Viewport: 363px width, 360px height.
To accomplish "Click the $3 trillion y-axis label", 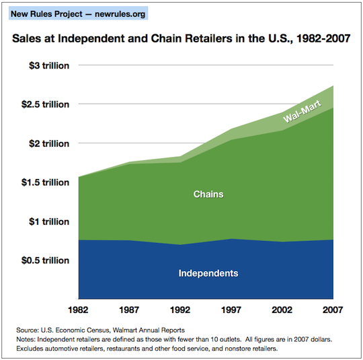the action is coord(49,65).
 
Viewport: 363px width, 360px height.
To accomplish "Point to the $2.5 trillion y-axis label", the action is coord(46,104).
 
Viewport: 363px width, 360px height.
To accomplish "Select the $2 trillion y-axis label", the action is coord(49,144).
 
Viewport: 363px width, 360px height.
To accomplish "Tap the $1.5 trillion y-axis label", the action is coord(46,182).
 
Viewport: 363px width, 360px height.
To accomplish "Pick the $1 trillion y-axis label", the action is coord(49,221).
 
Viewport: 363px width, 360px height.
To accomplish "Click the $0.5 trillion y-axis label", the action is coord(46,260).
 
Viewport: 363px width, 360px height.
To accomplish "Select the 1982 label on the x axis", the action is coord(78,310).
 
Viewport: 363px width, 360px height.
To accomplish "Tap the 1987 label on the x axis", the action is coord(129,310).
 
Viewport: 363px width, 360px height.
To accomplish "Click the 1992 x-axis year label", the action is coord(180,310).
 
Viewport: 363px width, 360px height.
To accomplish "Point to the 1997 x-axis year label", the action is coord(231,310).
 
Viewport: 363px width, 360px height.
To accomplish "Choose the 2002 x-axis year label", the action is coord(282,310).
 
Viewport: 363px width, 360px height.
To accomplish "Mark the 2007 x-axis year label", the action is coord(333,310).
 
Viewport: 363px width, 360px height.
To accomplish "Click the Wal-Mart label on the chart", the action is coord(302,111).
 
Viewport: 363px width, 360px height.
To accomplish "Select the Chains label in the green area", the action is coord(208,194).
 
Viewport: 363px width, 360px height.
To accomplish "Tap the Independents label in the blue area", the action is coord(208,273).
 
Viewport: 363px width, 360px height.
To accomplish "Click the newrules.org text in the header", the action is coord(120,14).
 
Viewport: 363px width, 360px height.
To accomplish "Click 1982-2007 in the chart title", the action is coord(323,38).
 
